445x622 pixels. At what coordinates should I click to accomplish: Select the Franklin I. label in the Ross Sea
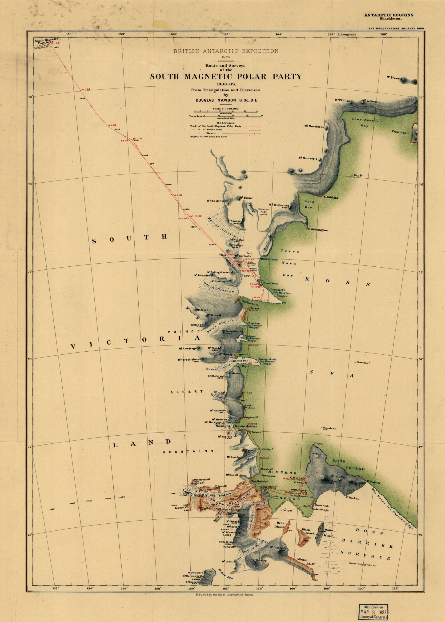pyautogui.click(x=363, y=362)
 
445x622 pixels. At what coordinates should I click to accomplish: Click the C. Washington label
pyautogui.click(x=318, y=230)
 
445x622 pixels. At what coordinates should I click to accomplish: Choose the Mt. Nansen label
pyautogui.click(x=234, y=221)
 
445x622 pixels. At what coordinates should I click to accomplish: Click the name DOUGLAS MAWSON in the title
pyautogui.click(x=225, y=100)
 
